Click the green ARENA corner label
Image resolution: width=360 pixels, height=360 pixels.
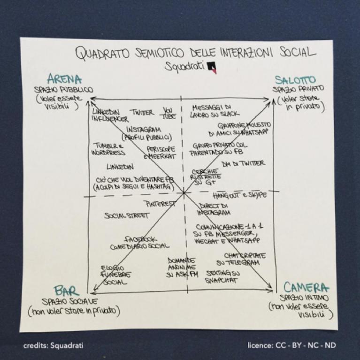[64, 79]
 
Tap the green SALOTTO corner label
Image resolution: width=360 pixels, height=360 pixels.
[295, 79]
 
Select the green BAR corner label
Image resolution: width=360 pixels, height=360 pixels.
[66, 291]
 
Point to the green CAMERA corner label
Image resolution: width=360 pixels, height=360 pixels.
[306, 287]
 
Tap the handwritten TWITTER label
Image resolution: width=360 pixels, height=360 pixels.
[142, 113]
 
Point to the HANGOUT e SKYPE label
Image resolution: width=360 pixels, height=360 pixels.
[239, 195]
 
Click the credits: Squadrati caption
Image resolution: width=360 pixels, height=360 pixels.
[54, 346]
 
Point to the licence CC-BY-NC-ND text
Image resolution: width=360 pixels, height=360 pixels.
[291, 346]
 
